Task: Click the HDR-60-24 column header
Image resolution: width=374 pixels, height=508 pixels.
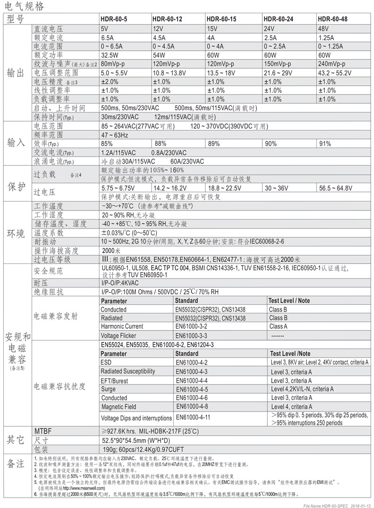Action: coord(278,19)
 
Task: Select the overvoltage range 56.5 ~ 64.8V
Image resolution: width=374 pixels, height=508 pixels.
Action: coord(336,188)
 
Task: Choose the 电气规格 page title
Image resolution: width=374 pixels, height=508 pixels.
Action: coord(24,6)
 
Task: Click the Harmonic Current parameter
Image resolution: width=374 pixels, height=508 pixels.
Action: coord(122,326)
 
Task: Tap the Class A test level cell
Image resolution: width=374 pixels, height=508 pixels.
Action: coord(278,326)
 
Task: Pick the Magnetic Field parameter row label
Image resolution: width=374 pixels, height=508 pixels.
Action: coord(118,407)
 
